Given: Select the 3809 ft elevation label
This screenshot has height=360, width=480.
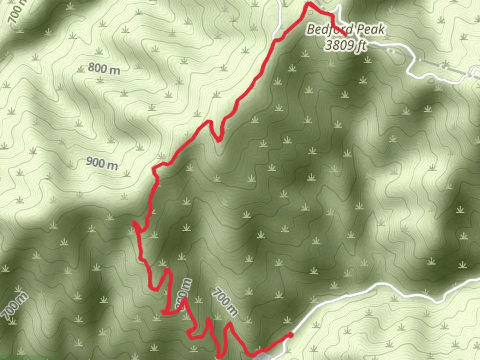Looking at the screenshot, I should click(346, 45).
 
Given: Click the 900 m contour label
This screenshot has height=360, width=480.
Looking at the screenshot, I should click(102, 163).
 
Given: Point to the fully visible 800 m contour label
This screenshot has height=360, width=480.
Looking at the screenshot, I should click(104, 69).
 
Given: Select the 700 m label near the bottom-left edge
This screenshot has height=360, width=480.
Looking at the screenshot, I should click(14, 305).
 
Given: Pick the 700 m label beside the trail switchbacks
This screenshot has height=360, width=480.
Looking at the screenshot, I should click(225, 302).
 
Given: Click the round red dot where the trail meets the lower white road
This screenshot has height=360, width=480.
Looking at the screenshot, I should click(291, 335).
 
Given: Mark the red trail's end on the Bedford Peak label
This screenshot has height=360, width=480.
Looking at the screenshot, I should click(345, 34).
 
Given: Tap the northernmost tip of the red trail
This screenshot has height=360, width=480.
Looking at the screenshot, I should click(309, 4).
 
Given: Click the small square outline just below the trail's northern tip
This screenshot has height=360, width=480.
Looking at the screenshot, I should click(311, 12).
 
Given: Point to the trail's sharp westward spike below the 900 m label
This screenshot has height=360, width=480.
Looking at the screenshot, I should click(135, 223).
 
